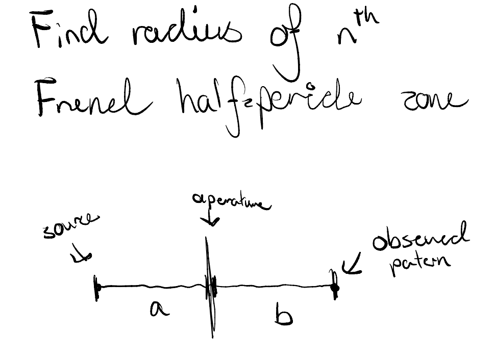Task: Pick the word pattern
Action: pos(421,263)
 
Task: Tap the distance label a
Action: pos(159,309)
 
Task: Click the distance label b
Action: pos(283,316)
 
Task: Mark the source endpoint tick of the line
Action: pos(96,288)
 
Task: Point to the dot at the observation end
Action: pos(335,288)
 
